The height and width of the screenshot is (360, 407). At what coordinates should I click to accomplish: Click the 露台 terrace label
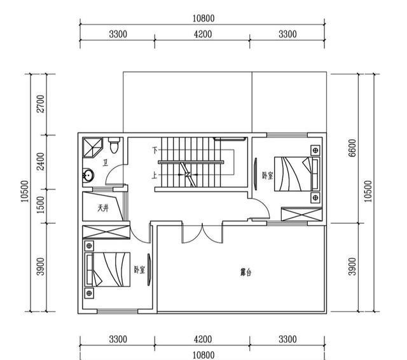pos(245,272)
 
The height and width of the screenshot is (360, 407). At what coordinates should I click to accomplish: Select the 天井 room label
pos(103,207)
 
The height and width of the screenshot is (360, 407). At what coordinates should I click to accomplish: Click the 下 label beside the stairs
pos(154,151)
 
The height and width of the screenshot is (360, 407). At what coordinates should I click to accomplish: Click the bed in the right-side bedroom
pos(296,173)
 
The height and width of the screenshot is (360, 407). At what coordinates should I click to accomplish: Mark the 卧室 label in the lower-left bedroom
pos(139,270)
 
